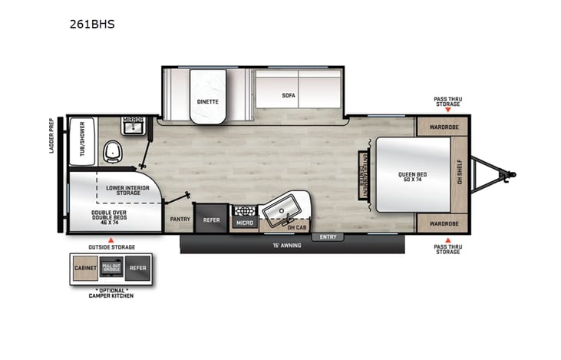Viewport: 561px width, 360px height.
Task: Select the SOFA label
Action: tap(289, 96)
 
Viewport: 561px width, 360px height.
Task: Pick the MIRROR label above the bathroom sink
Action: tap(134, 121)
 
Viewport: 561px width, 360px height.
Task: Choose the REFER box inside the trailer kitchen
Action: tap(211, 220)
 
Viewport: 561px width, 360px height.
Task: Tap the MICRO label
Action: tap(244, 223)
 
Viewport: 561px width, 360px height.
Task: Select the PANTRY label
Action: tap(180, 219)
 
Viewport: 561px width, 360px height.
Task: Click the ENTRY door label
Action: tap(328, 236)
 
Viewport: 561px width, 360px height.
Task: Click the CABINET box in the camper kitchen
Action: tap(84, 269)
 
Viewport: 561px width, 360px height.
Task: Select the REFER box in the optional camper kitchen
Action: tap(137, 269)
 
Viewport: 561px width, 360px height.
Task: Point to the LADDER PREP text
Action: tap(52, 135)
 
